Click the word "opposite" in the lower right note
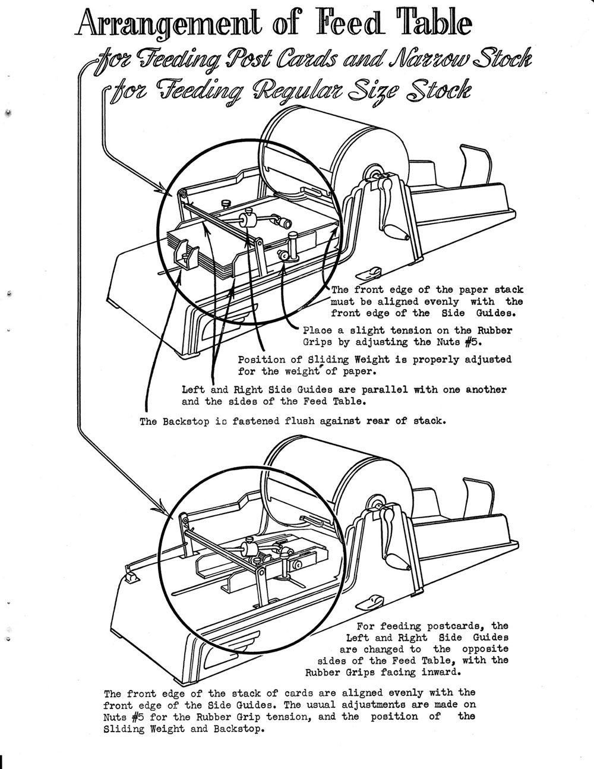click(x=485, y=649)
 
